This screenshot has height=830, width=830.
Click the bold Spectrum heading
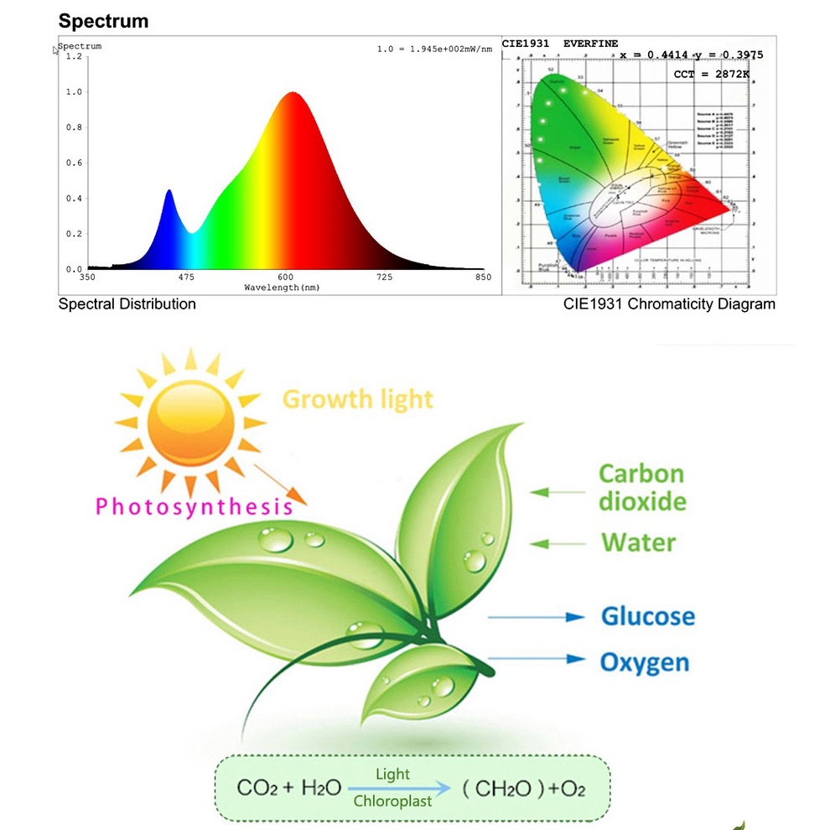point(103,21)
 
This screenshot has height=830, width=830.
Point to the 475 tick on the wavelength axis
point(186,277)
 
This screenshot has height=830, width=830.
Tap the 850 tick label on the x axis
point(483,277)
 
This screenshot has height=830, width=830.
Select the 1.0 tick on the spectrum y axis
point(74,92)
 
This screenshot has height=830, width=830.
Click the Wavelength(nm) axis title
point(282,288)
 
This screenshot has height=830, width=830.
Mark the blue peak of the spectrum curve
point(169,192)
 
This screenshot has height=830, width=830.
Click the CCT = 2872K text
point(711,75)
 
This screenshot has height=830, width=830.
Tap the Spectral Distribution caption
point(127,304)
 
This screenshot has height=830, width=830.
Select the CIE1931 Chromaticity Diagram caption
point(669,304)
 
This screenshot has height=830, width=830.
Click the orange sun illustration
point(189,422)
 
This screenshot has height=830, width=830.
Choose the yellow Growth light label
point(358,399)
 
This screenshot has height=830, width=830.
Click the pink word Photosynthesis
point(194,506)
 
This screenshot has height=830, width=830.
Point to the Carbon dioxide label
point(641,487)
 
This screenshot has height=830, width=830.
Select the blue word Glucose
point(648,616)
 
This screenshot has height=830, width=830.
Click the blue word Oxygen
point(644,662)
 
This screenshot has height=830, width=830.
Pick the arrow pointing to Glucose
point(536,617)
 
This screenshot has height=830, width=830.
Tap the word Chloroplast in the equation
point(392,801)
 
